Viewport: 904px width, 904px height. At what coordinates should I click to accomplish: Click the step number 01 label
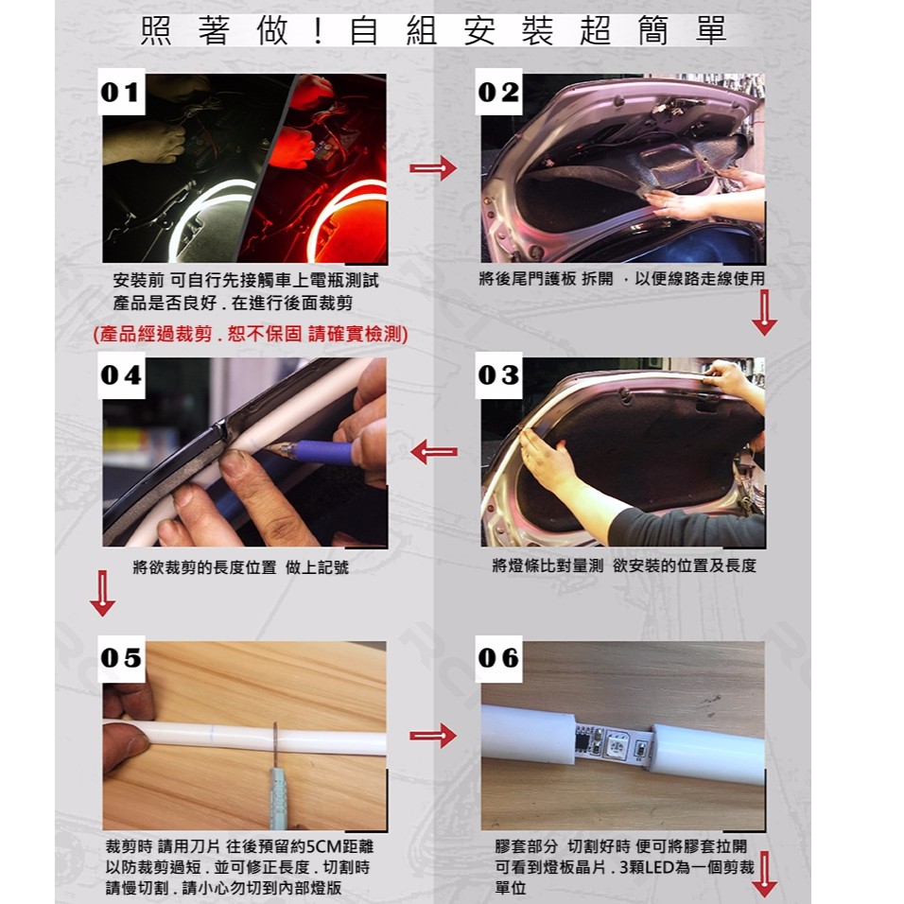tap(121, 92)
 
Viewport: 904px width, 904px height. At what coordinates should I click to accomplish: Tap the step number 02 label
tap(498, 92)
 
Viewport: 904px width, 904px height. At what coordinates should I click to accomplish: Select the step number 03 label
tap(498, 374)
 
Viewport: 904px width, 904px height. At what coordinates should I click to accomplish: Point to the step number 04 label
tap(121, 374)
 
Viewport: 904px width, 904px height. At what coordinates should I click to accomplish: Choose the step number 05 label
tap(121, 658)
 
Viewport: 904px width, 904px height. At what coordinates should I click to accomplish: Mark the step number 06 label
tap(498, 658)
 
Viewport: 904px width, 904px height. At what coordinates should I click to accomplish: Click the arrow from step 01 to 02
tap(433, 167)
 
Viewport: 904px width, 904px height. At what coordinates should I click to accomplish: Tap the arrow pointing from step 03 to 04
tap(434, 451)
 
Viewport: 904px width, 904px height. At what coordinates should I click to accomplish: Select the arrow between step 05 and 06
tap(433, 736)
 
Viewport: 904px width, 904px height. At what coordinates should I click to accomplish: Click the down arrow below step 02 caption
tap(764, 312)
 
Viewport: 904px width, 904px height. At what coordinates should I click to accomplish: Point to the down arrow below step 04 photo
tap(103, 593)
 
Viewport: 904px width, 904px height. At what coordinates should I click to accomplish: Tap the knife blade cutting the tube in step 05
tap(275, 745)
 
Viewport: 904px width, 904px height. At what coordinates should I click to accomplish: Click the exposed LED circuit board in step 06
tap(614, 742)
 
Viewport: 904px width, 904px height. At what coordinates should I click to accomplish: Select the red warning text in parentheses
tap(251, 334)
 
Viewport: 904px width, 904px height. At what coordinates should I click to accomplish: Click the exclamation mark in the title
tap(319, 32)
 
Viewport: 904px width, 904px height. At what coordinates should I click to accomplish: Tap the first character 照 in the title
tap(156, 30)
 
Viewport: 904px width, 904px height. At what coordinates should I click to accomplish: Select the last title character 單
tap(710, 30)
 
